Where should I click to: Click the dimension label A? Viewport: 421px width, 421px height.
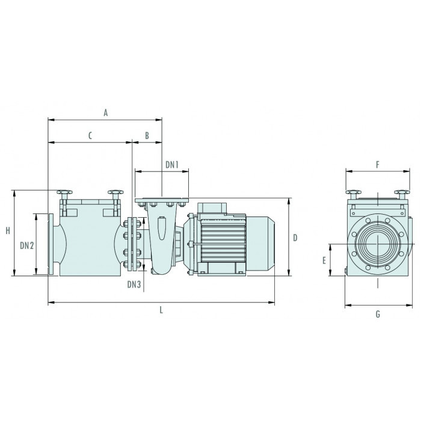(106, 113)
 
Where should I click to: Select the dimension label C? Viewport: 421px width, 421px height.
(90, 135)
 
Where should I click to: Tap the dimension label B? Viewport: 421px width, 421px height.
(147, 135)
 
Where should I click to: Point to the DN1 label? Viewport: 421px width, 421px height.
(172, 165)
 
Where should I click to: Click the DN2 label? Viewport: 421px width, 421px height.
(27, 245)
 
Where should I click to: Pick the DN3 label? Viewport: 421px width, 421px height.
(134, 284)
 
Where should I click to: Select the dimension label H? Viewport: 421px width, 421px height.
(8, 230)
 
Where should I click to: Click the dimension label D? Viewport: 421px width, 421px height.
(295, 238)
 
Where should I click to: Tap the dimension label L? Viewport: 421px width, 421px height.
(161, 310)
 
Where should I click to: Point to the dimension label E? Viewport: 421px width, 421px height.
(324, 260)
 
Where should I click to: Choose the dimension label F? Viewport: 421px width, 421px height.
(378, 165)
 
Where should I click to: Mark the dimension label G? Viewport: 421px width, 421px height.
(378, 314)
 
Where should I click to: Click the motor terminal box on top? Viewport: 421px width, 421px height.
(212, 208)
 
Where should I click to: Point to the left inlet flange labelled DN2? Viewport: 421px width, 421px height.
(51, 244)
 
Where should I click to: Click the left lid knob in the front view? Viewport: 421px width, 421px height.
(354, 194)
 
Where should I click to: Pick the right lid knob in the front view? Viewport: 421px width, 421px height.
(402, 194)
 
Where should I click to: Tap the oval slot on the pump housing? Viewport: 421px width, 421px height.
(161, 228)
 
